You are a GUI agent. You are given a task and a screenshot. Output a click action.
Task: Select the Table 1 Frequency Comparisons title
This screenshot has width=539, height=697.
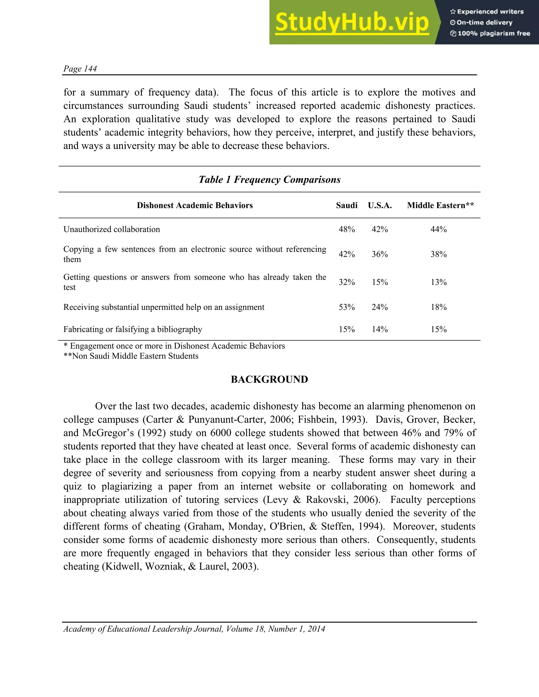[269, 179]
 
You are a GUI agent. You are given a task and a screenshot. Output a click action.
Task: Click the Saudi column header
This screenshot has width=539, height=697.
[346, 205]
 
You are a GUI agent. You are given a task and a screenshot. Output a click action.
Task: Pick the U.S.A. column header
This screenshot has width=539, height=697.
[380, 205]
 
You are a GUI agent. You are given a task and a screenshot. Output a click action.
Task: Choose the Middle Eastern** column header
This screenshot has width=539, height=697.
[440, 205]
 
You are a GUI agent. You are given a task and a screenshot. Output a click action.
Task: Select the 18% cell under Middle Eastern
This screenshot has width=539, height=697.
[438, 307]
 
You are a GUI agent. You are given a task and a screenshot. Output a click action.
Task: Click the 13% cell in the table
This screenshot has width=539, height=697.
[438, 282]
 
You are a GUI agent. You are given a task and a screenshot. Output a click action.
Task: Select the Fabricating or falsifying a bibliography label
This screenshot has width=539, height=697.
[133, 329]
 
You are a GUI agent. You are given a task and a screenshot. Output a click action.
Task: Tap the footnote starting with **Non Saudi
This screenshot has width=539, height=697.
[131, 356]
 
